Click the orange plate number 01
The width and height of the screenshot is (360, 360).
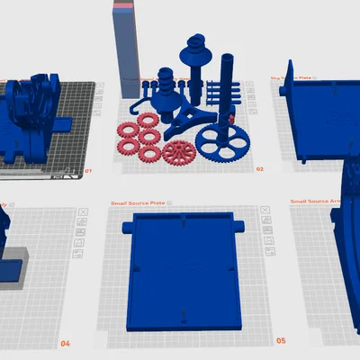point(87,170)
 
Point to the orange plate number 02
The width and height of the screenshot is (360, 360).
point(259,168)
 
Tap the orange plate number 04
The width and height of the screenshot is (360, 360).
point(65,344)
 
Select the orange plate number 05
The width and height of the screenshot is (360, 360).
point(280,341)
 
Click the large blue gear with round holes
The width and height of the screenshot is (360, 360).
point(220,141)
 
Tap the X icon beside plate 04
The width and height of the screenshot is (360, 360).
point(83,212)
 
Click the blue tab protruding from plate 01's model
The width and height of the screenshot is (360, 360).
point(67,121)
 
